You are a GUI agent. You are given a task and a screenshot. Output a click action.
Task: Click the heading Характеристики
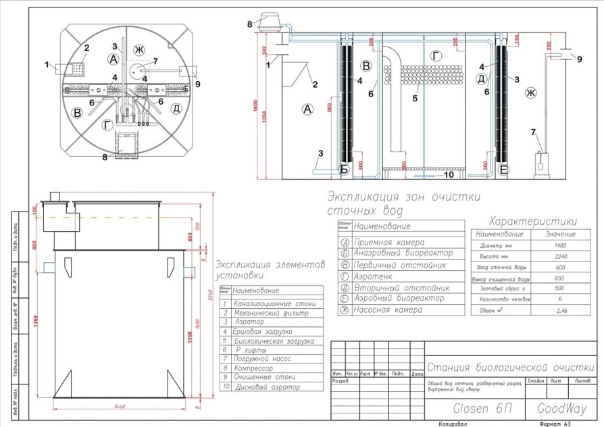(533, 222)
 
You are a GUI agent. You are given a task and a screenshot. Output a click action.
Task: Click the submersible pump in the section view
(540, 163)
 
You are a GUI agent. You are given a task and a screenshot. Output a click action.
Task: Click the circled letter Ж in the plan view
(140, 49)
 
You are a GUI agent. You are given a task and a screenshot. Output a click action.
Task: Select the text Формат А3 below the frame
(555, 423)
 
